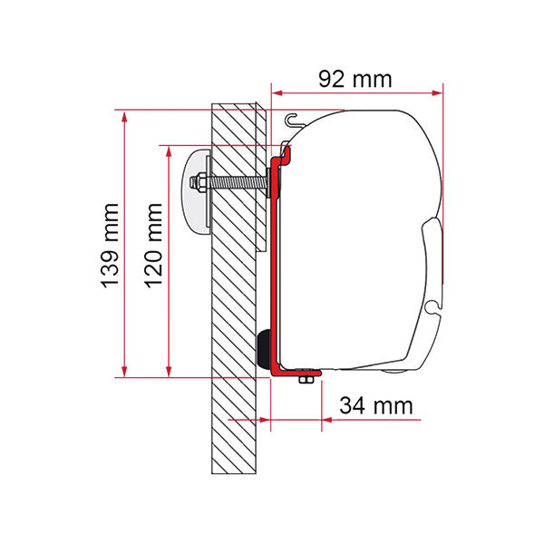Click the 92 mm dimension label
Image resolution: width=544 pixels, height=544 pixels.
355,79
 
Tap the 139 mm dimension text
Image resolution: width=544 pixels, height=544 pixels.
111,246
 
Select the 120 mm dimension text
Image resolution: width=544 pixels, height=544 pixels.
153,246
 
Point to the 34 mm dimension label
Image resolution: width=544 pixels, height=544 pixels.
376,405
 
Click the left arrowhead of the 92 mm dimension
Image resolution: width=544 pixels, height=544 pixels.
277,92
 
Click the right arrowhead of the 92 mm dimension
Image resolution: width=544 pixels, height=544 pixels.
437,92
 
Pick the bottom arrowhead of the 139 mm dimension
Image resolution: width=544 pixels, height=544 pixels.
124,371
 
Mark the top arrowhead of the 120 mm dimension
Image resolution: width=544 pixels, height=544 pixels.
169,151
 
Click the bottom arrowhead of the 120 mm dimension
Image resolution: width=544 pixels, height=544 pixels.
169,371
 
